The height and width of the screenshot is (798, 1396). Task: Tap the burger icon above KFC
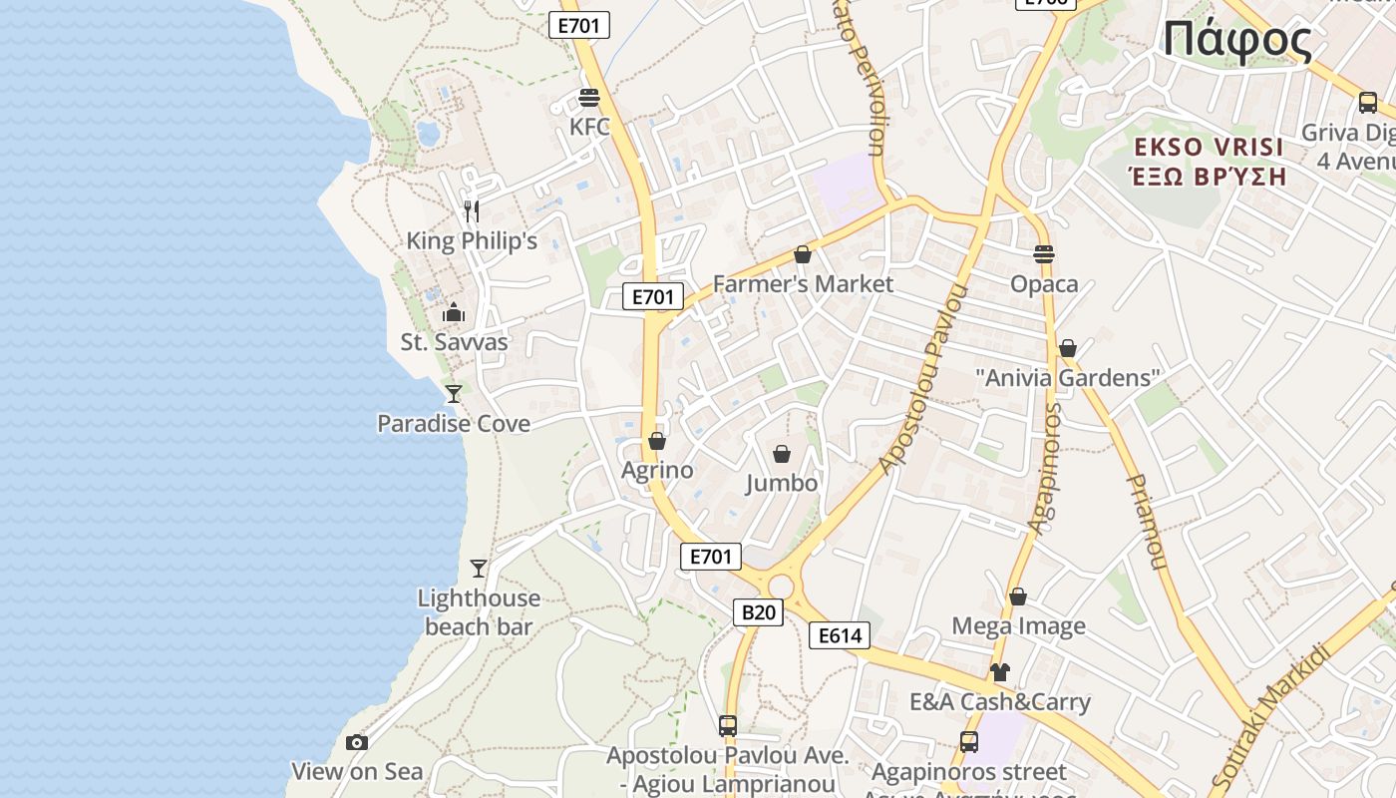point(588,98)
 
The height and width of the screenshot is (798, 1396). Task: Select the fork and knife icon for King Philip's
point(472,210)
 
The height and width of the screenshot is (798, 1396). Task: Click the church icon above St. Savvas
point(454,312)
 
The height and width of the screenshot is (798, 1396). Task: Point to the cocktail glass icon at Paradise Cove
point(454,393)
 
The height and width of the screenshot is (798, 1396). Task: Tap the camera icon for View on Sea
point(356,742)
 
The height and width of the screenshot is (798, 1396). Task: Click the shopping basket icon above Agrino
point(657,440)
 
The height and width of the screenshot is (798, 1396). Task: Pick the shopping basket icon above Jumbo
point(782,454)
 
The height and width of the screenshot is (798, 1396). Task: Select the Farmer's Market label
point(803,284)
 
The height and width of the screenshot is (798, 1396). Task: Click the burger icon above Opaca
point(1044,253)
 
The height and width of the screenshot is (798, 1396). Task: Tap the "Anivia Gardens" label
point(1068,378)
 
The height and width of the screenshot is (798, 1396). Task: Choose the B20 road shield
point(758,611)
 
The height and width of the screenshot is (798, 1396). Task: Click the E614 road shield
point(839,635)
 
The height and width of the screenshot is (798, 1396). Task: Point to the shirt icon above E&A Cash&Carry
point(1000,671)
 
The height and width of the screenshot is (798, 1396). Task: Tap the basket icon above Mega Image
point(1018,597)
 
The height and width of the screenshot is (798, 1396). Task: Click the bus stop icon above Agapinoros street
point(968,741)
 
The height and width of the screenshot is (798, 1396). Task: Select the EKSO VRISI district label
point(1209,148)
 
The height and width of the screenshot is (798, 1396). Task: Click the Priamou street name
point(1146,521)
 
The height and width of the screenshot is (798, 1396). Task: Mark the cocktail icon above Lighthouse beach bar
point(479,568)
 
